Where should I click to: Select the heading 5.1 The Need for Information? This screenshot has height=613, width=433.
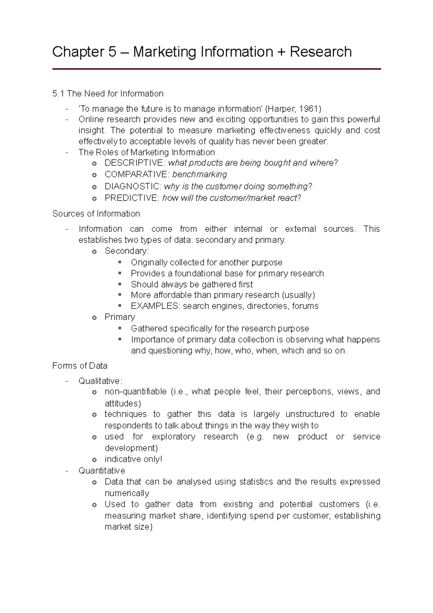point(108,94)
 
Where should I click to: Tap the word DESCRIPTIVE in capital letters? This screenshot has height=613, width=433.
point(134,163)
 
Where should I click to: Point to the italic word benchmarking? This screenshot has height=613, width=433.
point(199,175)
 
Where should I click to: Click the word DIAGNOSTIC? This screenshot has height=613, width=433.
point(133,187)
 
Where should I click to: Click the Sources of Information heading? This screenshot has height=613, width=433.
point(96,214)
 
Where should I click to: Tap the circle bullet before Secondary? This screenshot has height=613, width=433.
point(94,252)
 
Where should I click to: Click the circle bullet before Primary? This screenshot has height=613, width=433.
point(94,318)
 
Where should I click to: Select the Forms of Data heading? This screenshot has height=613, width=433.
point(80,366)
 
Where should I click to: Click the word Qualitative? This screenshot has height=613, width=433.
point(100,381)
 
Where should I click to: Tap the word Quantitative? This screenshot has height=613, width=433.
point(102,471)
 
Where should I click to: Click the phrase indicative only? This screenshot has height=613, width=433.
point(133,459)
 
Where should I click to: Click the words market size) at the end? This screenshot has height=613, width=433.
point(128,527)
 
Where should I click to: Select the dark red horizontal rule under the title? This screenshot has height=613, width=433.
point(216,69)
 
